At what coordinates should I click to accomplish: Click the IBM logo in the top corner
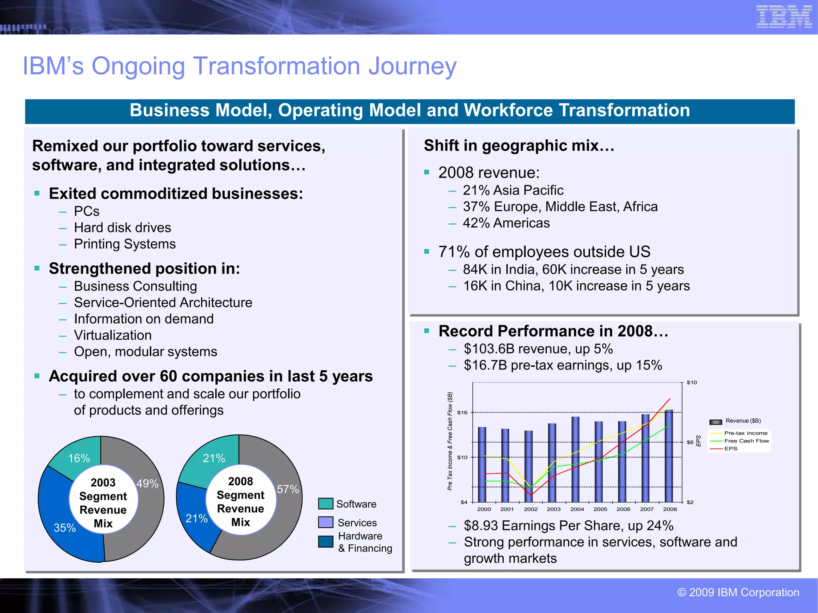pos(784,17)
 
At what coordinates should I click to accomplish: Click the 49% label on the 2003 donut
pos(147,484)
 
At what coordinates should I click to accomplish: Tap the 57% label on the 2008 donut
pos(288,489)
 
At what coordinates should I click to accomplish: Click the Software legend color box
pos(326,504)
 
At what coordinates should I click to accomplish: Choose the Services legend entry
pos(357,523)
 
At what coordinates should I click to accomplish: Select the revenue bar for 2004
pos(576,459)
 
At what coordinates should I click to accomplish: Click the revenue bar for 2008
pos(669,455)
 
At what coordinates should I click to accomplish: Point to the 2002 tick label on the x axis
pos(530,509)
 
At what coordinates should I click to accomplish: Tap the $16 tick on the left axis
pos(462,413)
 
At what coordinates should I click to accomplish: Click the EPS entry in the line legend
pos(731,449)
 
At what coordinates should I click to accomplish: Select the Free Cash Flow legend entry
pos(746,441)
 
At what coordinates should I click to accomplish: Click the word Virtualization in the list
pos(113,335)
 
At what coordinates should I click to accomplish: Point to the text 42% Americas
pos(506,223)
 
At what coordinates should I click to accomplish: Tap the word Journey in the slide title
pos(412,66)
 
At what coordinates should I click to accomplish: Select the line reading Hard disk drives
pos(122,228)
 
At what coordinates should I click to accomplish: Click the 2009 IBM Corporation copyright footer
pos(738,592)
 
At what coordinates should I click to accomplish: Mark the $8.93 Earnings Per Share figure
pos(481,526)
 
